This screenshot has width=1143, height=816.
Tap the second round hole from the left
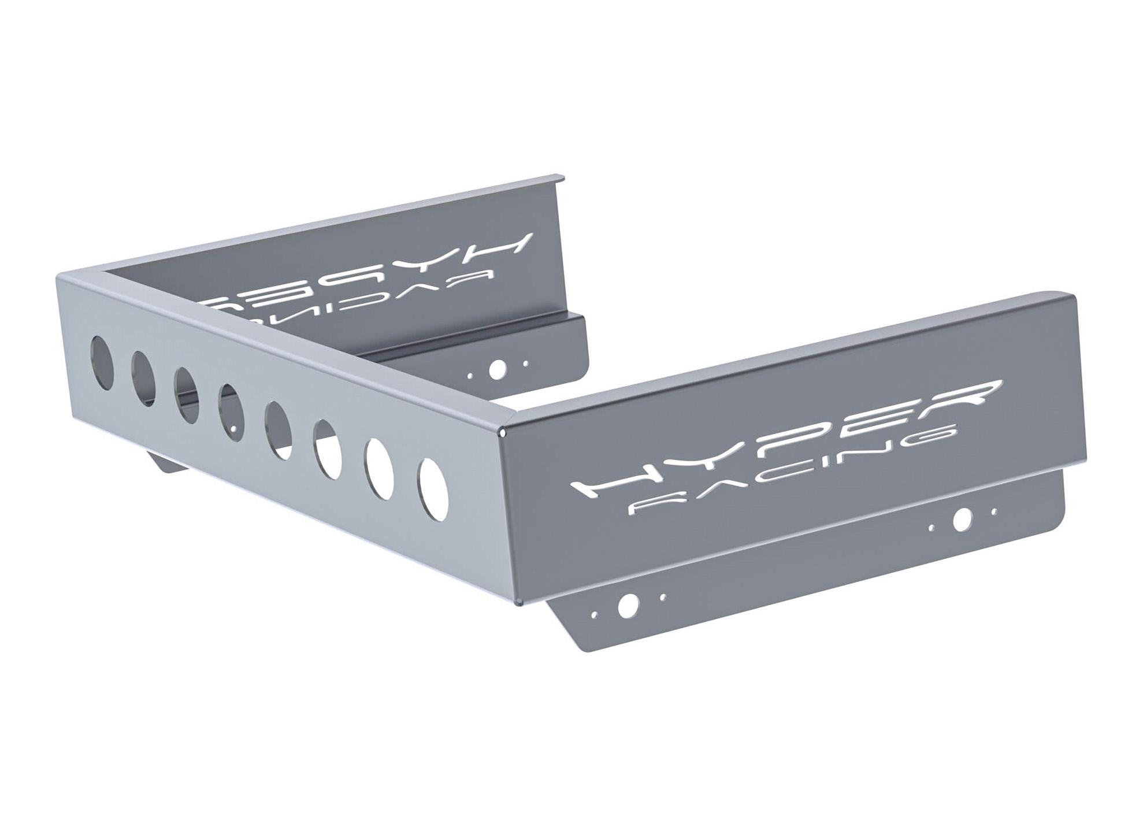click(x=143, y=372)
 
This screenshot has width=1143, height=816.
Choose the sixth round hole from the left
click(x=328, y=448)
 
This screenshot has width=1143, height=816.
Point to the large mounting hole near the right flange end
click(x=962, y=520)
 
